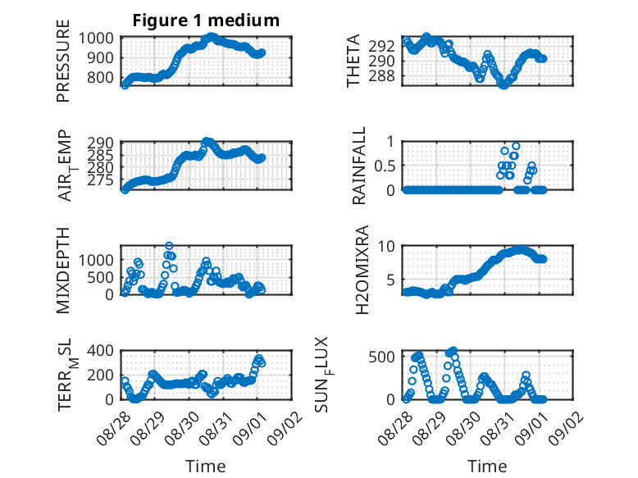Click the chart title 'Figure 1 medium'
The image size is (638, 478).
206,20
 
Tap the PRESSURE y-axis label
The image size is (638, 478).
63,61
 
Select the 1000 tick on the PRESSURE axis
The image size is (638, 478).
96,39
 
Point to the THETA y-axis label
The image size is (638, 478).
353,61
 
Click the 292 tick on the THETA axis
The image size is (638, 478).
381,47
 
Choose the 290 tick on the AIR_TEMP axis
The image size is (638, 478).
100,143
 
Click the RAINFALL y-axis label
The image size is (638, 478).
359,166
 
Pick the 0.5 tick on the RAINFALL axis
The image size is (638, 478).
385,166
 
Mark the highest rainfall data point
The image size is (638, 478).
516,146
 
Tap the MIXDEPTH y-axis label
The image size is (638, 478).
63,270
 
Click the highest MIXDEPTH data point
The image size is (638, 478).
169,246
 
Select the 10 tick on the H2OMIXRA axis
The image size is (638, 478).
386,246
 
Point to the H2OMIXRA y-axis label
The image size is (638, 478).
362,270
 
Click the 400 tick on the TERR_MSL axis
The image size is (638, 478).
100,351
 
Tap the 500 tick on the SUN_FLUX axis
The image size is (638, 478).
381,357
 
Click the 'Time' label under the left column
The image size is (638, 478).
206,466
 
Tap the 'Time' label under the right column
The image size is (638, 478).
487,466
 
